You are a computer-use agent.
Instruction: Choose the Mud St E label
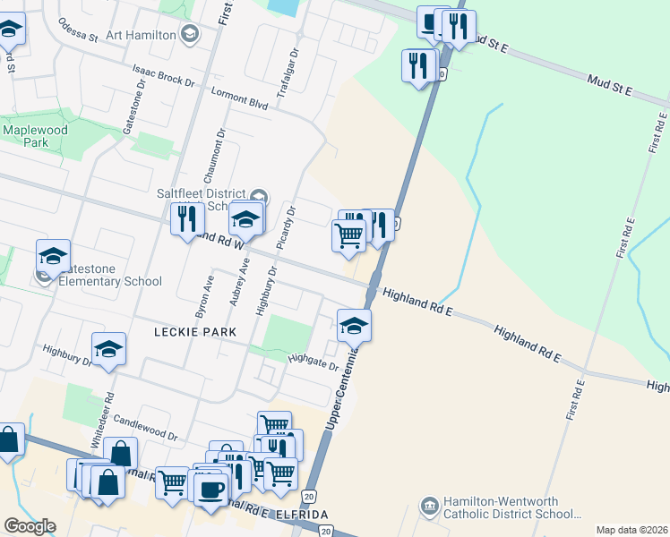click(609, 86)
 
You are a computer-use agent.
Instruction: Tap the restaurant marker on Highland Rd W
click(187, 220)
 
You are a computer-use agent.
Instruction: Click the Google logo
click(30, 526)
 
